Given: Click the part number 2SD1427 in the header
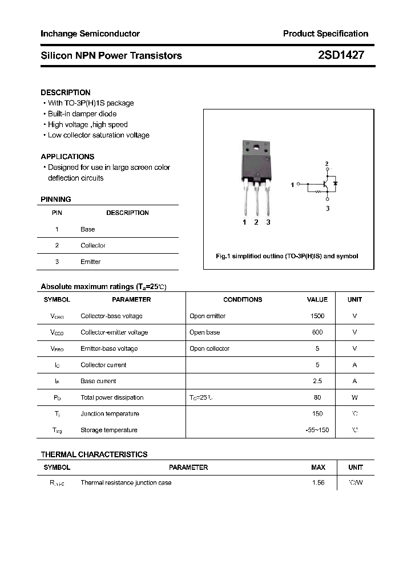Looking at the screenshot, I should point(341,55).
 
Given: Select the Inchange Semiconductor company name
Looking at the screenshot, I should point(90,34).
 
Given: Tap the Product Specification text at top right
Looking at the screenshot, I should point(325,34).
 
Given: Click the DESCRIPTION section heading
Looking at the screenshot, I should point(66,92).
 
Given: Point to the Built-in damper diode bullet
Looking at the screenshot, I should point(82,114).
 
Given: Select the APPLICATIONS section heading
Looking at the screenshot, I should point(67,157).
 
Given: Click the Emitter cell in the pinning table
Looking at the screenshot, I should point(90,262).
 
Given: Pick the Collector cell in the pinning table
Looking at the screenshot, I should point(93,246).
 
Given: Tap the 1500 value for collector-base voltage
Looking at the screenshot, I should point(317,316).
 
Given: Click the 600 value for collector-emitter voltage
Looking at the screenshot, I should point(317,332).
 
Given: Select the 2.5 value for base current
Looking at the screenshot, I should point(317,381).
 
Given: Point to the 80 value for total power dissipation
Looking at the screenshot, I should point(317,397).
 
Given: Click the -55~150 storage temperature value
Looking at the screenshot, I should point(317,430).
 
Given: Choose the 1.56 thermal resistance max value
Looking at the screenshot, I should point(318,483).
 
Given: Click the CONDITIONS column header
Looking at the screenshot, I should point(243,299).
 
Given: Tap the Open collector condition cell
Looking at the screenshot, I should point(209,348).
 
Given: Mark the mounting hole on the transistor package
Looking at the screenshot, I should point(256,150).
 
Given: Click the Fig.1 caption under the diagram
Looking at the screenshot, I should point(287,257).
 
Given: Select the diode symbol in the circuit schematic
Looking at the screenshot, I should point(335,184).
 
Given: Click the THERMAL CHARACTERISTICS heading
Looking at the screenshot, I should point(94,454).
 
